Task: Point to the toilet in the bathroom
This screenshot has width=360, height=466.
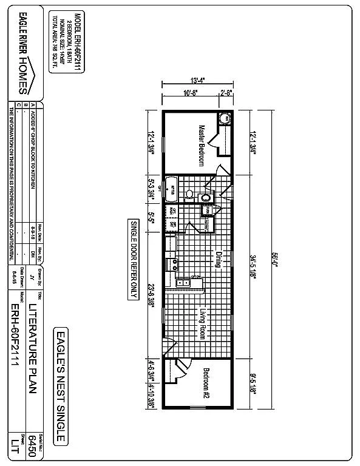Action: pos(190,195)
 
